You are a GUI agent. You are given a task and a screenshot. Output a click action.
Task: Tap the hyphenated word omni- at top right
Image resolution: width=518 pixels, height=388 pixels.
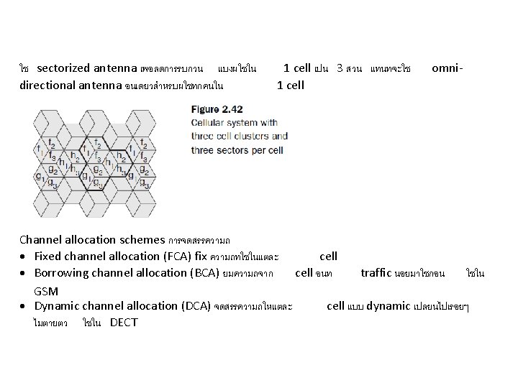tap(447, 68)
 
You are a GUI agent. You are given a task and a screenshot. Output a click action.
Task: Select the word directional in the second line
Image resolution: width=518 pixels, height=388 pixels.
tap(45, 86)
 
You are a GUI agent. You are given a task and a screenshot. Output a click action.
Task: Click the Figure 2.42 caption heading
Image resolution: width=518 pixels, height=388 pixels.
tap(216, 109)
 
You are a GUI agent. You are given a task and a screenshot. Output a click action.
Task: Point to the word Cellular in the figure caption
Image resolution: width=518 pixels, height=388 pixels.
tap(209, 123)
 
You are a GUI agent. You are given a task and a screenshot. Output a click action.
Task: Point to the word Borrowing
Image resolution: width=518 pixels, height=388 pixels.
tap(61, 273)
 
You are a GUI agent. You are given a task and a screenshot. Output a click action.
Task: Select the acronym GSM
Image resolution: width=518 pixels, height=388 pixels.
tap(46, 290)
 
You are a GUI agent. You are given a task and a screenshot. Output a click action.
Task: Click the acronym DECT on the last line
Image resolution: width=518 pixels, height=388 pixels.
tap(124, 323)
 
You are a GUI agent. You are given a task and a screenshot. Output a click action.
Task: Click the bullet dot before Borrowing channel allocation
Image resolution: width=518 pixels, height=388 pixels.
tap(24, 274)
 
